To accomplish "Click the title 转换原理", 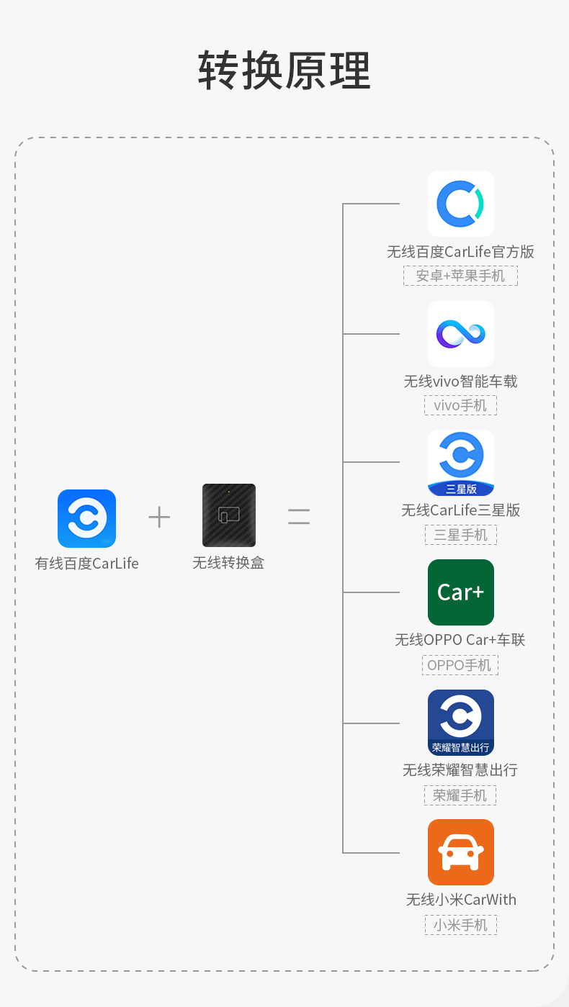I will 284,71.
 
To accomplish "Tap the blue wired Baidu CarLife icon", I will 86,518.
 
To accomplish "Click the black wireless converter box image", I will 229,515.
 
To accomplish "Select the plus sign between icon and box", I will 159,517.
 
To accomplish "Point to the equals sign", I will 299,517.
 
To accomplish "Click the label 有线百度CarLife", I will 86,564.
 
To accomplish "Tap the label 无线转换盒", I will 228,563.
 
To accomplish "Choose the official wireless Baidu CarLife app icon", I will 461,204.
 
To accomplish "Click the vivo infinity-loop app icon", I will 461,333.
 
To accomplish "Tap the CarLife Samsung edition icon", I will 461,463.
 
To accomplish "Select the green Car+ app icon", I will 461,592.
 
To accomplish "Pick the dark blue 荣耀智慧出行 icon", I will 461,722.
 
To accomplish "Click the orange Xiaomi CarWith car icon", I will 461,852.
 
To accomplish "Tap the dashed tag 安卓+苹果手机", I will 460,276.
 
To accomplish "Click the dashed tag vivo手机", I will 460,405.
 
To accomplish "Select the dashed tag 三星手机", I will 460,535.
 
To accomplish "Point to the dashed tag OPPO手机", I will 460,665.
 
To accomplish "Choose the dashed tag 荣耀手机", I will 460,795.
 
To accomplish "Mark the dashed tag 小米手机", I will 460,925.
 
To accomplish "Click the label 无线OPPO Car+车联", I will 460,640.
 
